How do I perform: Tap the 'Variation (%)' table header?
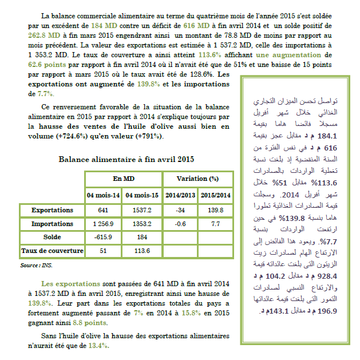coord(197,179)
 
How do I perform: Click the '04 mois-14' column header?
coord(104,195)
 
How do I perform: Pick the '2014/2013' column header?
coord(180,195)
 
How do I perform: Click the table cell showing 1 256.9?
coord(104,223)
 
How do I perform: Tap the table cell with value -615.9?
coord(104,236)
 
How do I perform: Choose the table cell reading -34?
coord(180,210)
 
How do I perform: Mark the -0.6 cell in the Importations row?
coord(180,223)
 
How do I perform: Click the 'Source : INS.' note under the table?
coord(35,266)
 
